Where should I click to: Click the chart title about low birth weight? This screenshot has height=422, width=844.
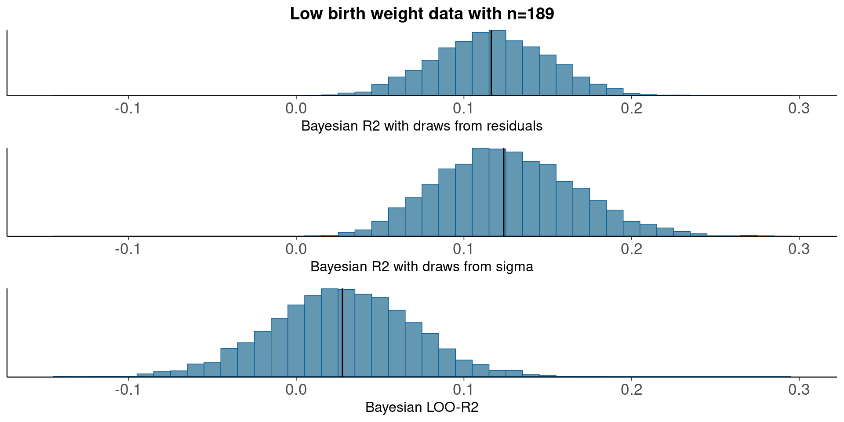click(422, 14)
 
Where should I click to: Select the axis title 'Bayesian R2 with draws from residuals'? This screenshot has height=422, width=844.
click(422, 126)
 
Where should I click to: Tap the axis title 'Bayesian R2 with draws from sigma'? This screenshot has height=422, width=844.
click(422, 267)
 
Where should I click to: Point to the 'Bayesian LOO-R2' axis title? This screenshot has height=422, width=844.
click(422, 407)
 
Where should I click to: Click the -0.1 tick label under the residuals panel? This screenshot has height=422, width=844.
click(127, 108)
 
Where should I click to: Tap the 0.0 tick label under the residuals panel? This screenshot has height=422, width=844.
click(296, 108)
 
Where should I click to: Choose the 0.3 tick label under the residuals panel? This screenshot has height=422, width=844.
click(799, 108)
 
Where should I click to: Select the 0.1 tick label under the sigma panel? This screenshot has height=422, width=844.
click(464, 249)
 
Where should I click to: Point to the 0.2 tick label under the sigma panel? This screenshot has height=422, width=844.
click(632, 249)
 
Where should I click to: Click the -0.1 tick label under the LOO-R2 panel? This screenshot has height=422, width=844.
click(127, 389)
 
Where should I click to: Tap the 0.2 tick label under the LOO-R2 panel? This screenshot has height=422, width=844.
click(632, 389)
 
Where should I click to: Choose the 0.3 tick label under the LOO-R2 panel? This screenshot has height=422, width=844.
click(799, 389)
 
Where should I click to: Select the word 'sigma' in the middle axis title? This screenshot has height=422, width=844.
click(515, 267)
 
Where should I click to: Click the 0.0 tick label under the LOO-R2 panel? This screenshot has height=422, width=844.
click(296, 389)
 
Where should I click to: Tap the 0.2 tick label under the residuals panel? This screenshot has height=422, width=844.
click(632, 108)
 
